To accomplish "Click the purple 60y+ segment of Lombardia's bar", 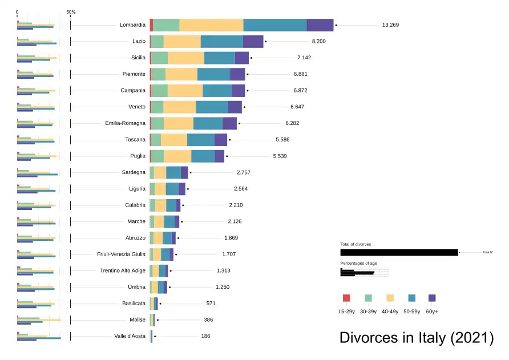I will pyautogui.click(x=320, y=25).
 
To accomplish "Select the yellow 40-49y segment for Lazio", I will pyautogui.click(x=182, y=42).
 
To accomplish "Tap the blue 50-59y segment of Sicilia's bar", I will pyautogui.click(x=219, y=58).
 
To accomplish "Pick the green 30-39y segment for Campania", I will pyautogui.click(x=160, y=91).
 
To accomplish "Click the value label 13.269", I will pyautogui.click(x=391, y=25).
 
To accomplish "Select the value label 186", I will pyautogui.click(x=205, y=337).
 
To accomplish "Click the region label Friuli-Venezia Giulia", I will pyautogui.click(x=122, y=254).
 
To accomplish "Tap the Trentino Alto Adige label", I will pyautogui.click(x=123, y=271).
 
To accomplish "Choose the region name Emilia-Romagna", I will pyautogui.click(x=126, y=123).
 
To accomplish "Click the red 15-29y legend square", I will pyautogui.click(x=346, y=298).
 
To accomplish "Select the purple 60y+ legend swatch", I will pyautogui.click(x=432, y=298).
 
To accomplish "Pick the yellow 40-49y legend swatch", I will pyautogui.click(x=390, y=298).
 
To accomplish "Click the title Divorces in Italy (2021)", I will pyautogui.click(x=417, y=338).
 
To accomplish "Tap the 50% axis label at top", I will pyautogui.click(x=71, y=12).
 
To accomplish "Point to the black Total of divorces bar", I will pyautogui.click(x=399, y=252).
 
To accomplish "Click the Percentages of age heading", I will pyautogui.click(x=358, y=263).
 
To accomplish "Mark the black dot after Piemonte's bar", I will pyautogui.click(x=248, y=74).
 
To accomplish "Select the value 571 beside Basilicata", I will pyautogui.click(x=211, y=304).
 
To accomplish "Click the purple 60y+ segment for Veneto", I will pyautogui.click(x=235, y=107).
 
